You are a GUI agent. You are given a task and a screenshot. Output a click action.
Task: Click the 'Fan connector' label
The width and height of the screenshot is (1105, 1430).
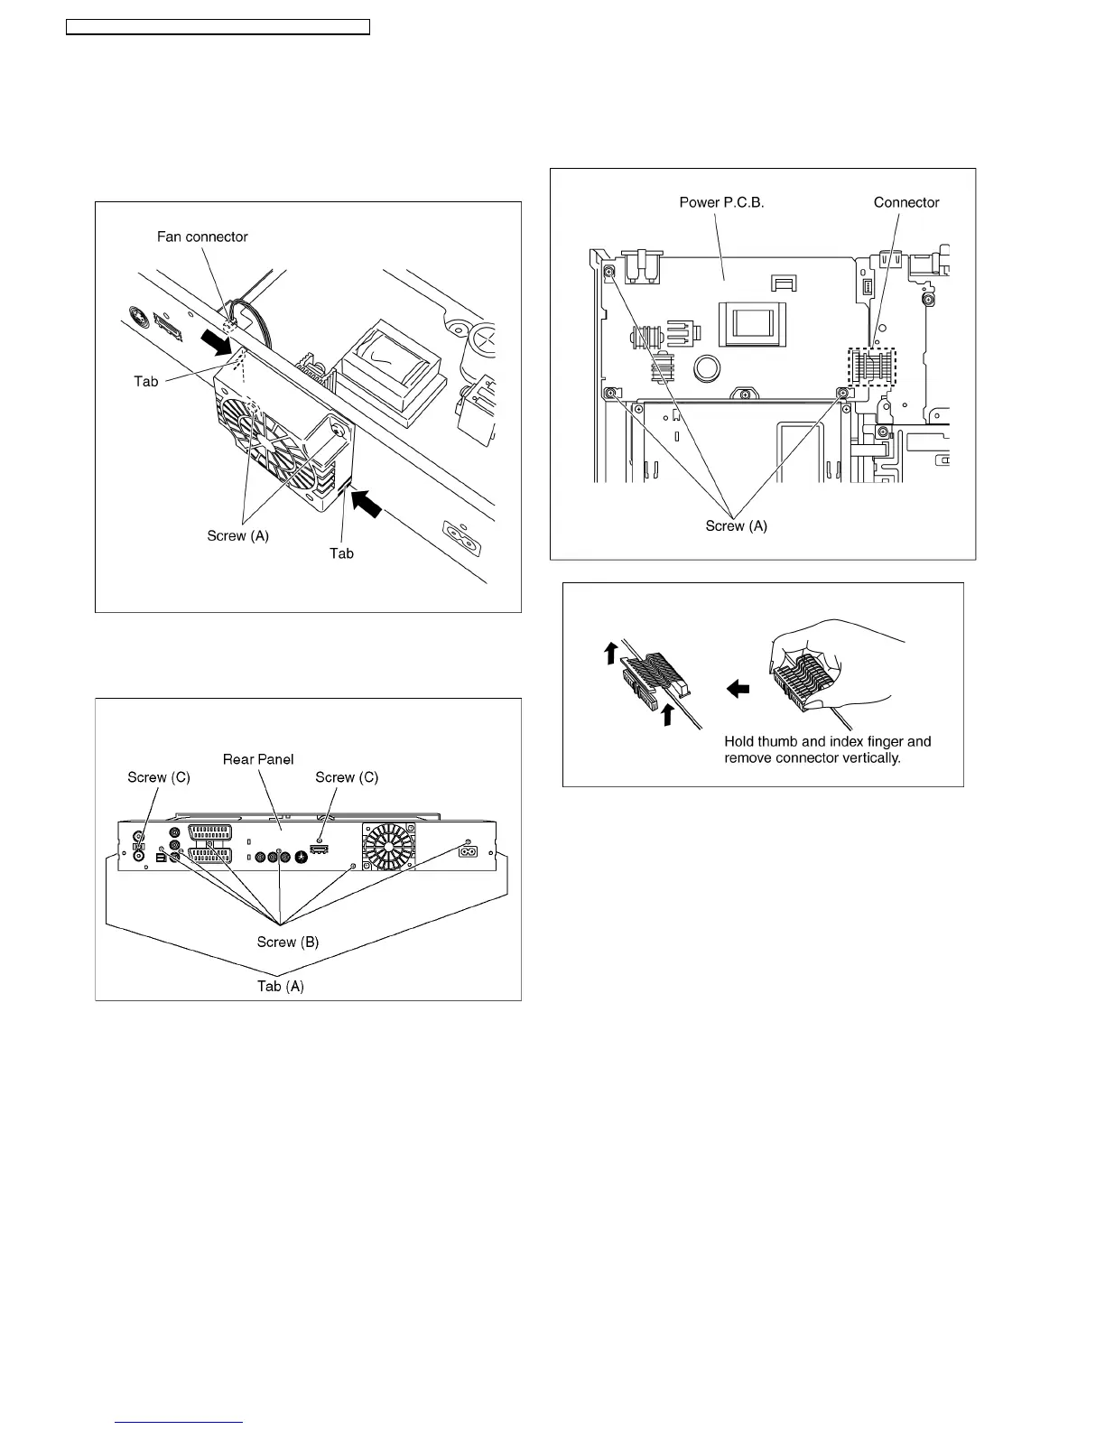coord(202,237)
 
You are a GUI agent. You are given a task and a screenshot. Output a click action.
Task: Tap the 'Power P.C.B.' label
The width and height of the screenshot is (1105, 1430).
coord(721,202)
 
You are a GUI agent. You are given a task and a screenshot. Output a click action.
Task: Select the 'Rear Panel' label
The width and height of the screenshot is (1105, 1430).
coord(258,759)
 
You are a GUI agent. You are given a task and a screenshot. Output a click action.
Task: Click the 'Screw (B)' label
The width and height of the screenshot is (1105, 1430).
coord(288,942)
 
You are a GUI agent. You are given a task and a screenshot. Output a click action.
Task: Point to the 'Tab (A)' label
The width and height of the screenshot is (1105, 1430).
coord(281,986)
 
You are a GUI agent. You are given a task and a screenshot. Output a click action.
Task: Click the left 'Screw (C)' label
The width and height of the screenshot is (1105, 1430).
coord(159,777)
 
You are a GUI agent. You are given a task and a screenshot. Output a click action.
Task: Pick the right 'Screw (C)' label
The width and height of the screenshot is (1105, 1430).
coord(347,777)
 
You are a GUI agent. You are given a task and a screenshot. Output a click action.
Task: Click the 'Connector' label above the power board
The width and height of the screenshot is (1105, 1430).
coord(906,202)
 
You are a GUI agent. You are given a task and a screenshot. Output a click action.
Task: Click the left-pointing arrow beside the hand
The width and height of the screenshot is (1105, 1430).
coord(738,689)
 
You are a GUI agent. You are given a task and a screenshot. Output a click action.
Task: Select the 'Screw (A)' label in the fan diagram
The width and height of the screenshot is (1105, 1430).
coord(238,535)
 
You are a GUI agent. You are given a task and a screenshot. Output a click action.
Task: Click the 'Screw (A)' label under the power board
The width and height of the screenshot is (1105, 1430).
coord(737,525)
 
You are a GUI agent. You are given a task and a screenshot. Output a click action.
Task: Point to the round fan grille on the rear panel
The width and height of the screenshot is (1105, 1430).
coord(389,848)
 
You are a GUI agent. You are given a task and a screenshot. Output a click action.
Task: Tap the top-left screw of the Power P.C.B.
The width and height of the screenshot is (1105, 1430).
coord(608,272)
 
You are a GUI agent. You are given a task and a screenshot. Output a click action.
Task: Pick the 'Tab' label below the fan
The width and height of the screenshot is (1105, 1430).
coord(341,553)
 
